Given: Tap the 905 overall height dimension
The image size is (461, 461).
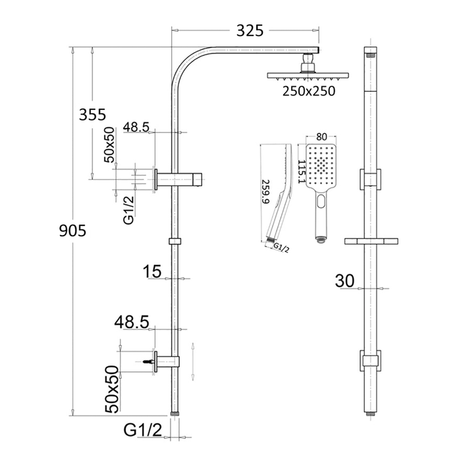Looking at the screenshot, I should click(x=73, y=231).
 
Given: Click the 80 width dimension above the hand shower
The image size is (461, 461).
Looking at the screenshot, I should click(x=321, y=137).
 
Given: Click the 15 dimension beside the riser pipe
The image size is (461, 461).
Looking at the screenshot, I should click(x=151, y=271).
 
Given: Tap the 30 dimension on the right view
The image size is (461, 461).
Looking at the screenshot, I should click(x=344, y=281).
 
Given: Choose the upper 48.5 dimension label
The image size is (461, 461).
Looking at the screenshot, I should click(x=136, y=126).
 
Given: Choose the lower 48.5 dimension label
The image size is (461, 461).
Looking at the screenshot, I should click(x=132, y=323).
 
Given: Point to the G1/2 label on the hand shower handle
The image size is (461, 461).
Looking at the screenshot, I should click(x=281, y=248).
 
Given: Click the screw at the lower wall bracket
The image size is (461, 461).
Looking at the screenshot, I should click(x=146, y=362).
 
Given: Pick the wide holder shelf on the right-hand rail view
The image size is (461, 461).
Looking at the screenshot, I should click(x=372, y=241).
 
